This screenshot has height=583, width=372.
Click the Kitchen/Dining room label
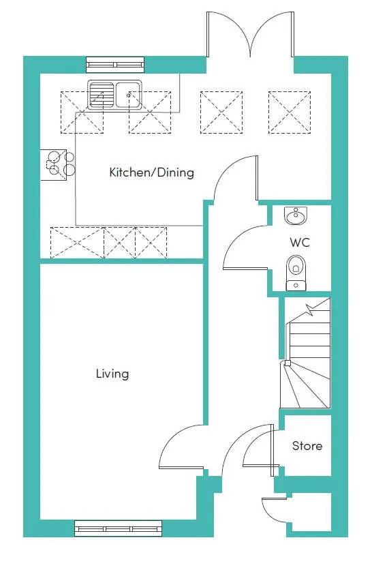click(151, 173)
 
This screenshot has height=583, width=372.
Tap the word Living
click(112, 374)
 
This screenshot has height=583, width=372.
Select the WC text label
click(300, 242)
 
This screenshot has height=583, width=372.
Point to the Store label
click(307, 446)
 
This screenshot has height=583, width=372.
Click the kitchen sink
click(114, 95)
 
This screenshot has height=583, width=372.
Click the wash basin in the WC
click(296, 216)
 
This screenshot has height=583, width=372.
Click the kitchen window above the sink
click(115, 65)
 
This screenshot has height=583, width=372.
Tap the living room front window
click(119, 528)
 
